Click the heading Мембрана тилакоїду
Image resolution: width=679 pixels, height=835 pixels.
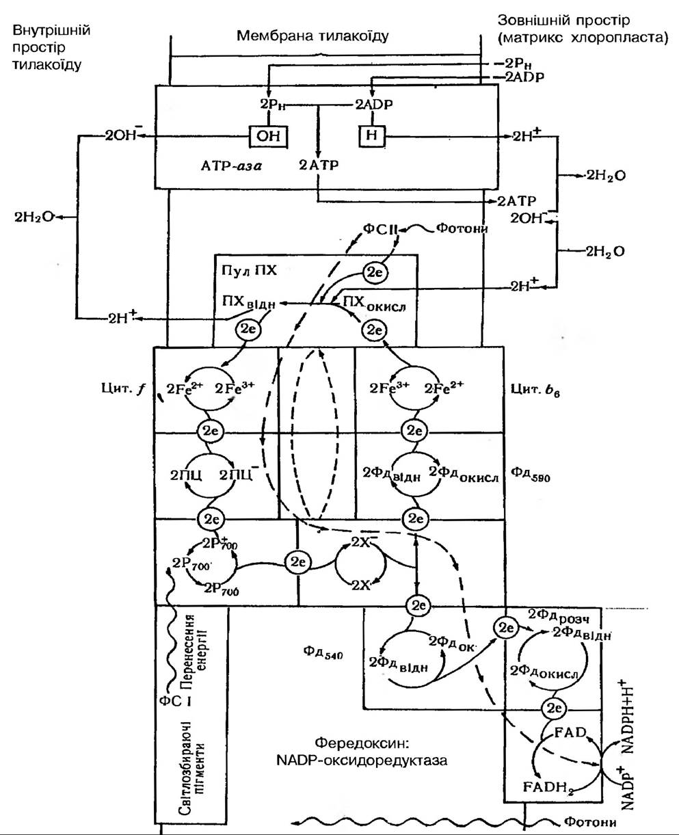point(312,36)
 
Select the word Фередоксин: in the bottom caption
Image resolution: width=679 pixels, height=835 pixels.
point(353,742)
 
